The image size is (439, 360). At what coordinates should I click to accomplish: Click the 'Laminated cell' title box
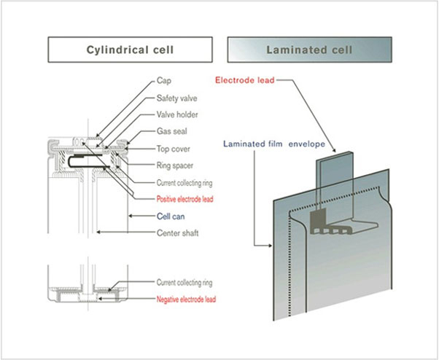309,50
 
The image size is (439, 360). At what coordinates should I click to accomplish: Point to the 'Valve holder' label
177,115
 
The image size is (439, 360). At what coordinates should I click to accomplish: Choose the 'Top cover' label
174,149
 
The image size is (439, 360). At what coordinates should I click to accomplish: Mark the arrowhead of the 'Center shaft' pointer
96,232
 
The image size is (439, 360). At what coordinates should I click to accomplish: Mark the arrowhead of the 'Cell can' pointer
128,216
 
